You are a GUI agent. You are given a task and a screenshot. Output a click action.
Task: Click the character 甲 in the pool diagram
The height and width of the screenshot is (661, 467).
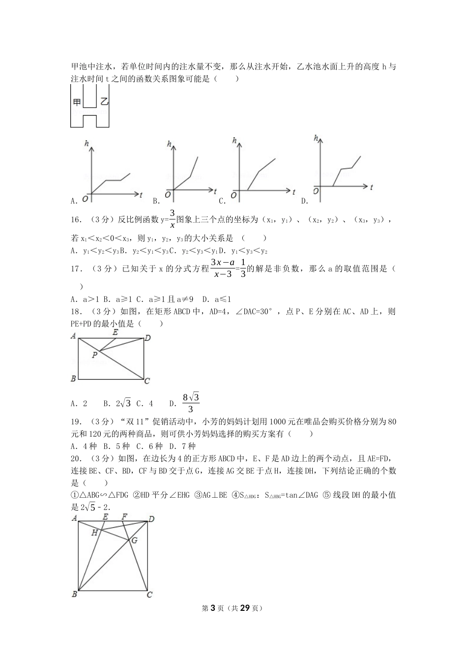tap(77, 102)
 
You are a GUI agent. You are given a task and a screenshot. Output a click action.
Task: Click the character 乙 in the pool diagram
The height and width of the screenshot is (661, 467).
tap(103, 102)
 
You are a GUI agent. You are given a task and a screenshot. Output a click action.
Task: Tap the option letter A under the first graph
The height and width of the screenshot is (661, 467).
tap(74, 201)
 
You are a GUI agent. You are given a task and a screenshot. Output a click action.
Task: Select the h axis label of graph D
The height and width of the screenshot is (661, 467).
tap(316, 138)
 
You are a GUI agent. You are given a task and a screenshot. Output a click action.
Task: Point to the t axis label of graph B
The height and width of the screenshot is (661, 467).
tap(215, 189)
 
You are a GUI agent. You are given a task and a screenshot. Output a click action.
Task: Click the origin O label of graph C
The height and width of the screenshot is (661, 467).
tap(233, 196)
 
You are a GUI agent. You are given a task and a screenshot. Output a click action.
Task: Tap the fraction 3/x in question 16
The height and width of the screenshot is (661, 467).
tap(172, 219)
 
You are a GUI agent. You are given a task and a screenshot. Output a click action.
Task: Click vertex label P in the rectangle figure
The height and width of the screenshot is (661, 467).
tap(94, 355)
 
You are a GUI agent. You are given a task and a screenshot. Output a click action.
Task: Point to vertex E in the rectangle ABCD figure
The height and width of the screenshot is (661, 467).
tap(115, 332)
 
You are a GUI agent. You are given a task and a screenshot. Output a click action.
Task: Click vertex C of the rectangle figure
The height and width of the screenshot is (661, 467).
tap(147, 381)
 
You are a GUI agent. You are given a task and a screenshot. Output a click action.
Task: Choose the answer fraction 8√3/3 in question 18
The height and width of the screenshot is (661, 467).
tap(191, 403)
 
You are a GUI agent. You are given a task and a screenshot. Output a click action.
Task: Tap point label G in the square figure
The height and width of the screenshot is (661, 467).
tap(134, 540)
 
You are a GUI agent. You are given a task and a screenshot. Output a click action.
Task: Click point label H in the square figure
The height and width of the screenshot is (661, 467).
tap(94, 532)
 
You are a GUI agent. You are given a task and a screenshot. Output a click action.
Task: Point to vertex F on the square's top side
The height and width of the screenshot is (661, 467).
tap(124, 516)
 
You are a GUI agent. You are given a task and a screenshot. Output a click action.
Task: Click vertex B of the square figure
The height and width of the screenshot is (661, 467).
tap(74, 594)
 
